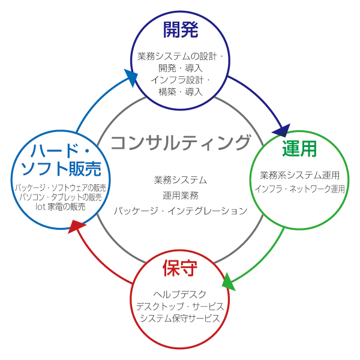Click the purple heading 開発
[x=180, y=30]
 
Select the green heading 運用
[x=299, y=149]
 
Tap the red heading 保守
[x=180, y=268]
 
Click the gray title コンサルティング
[x=180, y=143]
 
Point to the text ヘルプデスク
[x=180, y=294]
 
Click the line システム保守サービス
[x=180, y=318]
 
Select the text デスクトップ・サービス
[x=180, y=306]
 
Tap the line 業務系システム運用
[x=299, y=176]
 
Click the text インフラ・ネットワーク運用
[x=299, y=188]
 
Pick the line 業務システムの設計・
[x=180, y=57]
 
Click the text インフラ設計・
[x=180, y=80]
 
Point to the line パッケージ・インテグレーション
[x=180, y=211]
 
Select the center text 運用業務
[x=180, y=195]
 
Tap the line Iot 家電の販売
[x=59, y=206]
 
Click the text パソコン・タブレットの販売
[x=61, y=197]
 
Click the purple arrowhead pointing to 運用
[x=283, y=130]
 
